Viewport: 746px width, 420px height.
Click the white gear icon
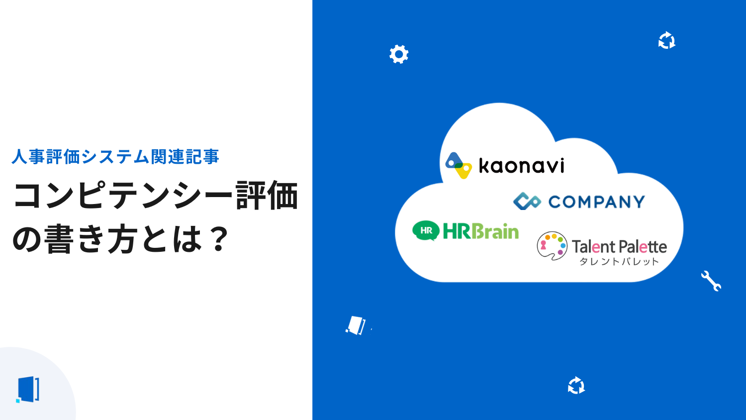click(399, 54)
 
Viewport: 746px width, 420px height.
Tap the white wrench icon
click(711, 281)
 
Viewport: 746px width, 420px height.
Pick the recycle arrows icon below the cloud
click(576, 385)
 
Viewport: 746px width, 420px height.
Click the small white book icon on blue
click(356, 325)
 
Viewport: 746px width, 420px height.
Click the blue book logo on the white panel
click(28, 389)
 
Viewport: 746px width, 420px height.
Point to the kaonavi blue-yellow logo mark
click(458, 165)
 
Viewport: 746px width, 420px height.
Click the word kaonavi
click(521, 166)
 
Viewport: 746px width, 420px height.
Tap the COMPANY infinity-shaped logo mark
click(527, 201)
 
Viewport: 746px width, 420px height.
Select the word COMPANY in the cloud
click(596, 202)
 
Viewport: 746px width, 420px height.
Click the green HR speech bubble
click(426, 230)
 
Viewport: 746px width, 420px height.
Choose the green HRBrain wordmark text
click(480, 231)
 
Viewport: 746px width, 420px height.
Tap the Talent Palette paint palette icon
click(552, 246)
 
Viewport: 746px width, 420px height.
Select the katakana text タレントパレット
click(619, 262)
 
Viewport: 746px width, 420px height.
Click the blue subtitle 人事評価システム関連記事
click(115, 157)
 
